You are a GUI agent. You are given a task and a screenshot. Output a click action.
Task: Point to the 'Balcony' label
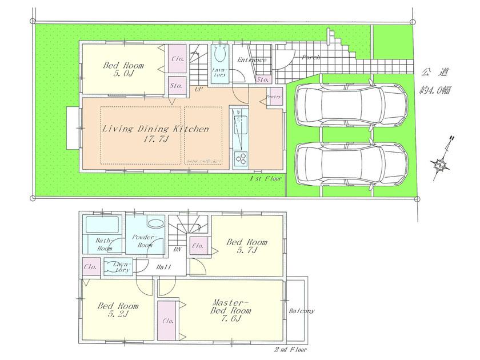tap(301, 311)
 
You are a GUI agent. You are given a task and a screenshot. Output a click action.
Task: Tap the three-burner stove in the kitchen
tap(241, 158)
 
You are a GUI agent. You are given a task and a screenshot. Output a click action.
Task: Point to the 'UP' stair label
tap(198, 90)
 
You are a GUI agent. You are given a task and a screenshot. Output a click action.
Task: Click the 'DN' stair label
tap(178, 250)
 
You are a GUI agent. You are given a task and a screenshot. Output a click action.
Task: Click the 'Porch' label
tap(311, 58)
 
